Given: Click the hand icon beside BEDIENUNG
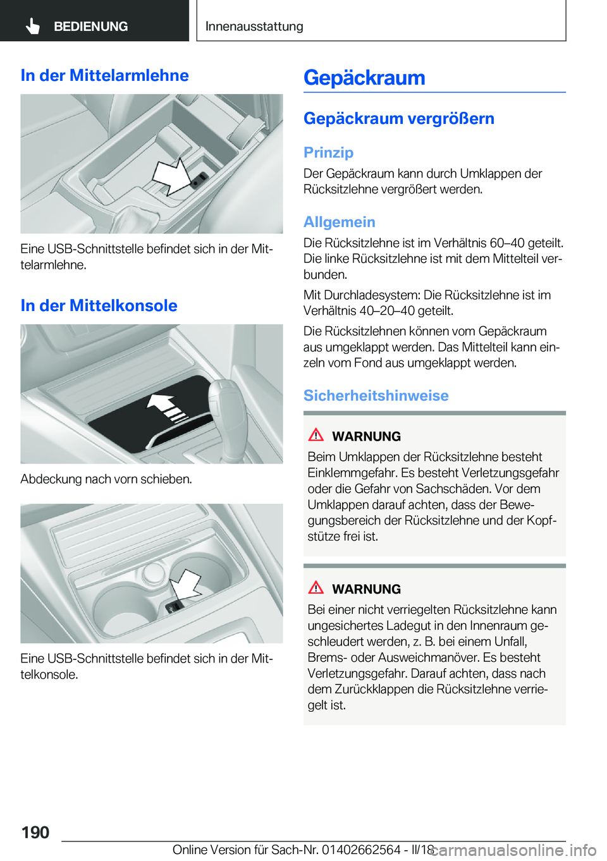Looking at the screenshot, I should [x=33, y=26].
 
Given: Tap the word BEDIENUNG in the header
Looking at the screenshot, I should [x=90, y=27].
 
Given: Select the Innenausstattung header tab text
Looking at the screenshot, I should [x=254, y=27].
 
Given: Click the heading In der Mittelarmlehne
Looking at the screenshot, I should [x=104, y=75].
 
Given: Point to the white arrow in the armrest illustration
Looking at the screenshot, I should [x=173, y=176].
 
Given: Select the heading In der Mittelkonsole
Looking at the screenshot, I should [x=99, y=305].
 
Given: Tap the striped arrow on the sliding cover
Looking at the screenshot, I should [x=167, y=408].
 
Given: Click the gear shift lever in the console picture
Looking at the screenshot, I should [x=224, y=405].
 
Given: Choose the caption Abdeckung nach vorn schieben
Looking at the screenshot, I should [x=106, y=479].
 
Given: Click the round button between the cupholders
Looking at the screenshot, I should [x=154, y=573].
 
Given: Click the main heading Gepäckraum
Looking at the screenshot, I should [x=364, y=78].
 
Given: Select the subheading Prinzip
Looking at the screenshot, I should [x=328, y=152].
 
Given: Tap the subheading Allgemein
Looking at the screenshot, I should [x=339, y=222].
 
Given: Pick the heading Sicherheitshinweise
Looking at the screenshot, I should [x=376, y=395].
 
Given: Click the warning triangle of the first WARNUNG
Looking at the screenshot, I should [x=316, y=435].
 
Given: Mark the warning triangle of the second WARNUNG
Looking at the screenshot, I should [x=316, y=588].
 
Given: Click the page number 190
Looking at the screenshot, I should [x=35, y=832].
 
